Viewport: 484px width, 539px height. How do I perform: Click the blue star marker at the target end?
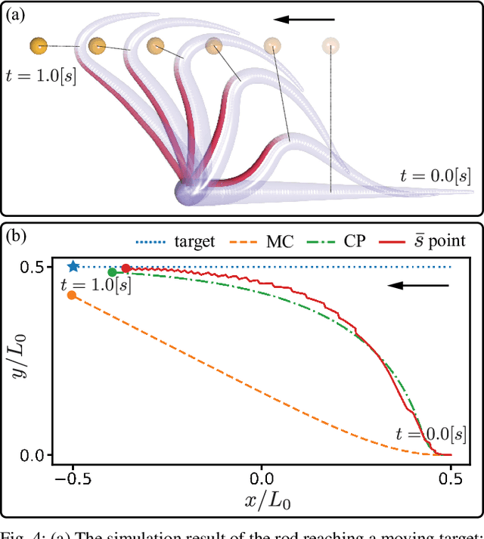(73, 266)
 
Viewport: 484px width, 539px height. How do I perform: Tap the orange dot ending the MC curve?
(72, 295)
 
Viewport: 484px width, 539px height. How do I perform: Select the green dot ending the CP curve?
(112, 272)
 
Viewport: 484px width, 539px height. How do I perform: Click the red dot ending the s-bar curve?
(126, 268)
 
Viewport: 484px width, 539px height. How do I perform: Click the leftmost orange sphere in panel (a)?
(39, 46)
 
